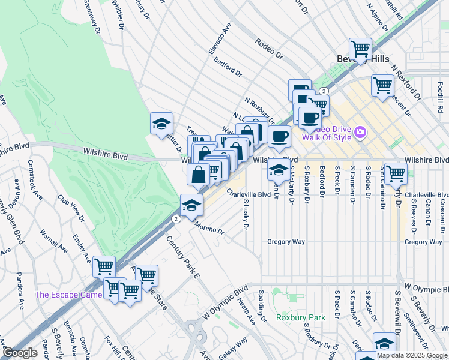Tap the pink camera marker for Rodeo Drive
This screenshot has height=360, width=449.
pos(360,131)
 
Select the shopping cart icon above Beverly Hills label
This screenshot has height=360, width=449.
pos(360,49)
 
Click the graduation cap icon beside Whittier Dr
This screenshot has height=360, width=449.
pos(161,124)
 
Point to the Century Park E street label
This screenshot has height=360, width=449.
pos(182,257)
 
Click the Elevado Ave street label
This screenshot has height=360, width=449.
pos(220,39)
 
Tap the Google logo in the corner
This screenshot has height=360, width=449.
pos(20,353)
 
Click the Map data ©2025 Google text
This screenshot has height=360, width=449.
pos(412,355)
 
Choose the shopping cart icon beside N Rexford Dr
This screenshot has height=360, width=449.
pos(382,85)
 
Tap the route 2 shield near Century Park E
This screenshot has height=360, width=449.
pos(175,220)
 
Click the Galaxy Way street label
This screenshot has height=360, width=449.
pos(233,349)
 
